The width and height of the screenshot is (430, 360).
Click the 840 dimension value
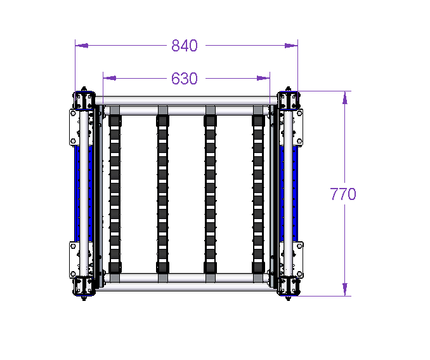click(x=185, y=46)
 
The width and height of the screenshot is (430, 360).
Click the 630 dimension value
click(x=185, y=79)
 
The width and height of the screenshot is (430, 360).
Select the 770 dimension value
click(x=343, y=194)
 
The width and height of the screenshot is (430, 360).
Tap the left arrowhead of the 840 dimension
click(x=82, y=46)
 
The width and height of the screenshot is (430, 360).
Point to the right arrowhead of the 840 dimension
click(x=291, y=46)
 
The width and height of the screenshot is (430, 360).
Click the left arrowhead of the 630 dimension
click(x=110, y=78)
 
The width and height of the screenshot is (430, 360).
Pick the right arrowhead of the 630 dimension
click(x=263, y=78)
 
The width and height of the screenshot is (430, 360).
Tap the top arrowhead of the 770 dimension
click(x=345, y=98)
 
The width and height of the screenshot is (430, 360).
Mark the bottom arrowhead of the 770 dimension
click(x=345, y=290)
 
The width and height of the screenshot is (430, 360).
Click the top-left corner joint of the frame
click(x=84, y=100)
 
